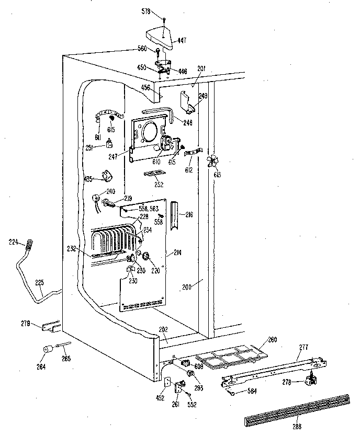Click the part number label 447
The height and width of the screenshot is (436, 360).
point(182,41)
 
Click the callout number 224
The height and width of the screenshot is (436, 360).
point(14,242)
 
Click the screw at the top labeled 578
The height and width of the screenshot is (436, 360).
point(163,19)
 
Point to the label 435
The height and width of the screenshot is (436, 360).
point(88,179)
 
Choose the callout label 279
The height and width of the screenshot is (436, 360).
point(26,323)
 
